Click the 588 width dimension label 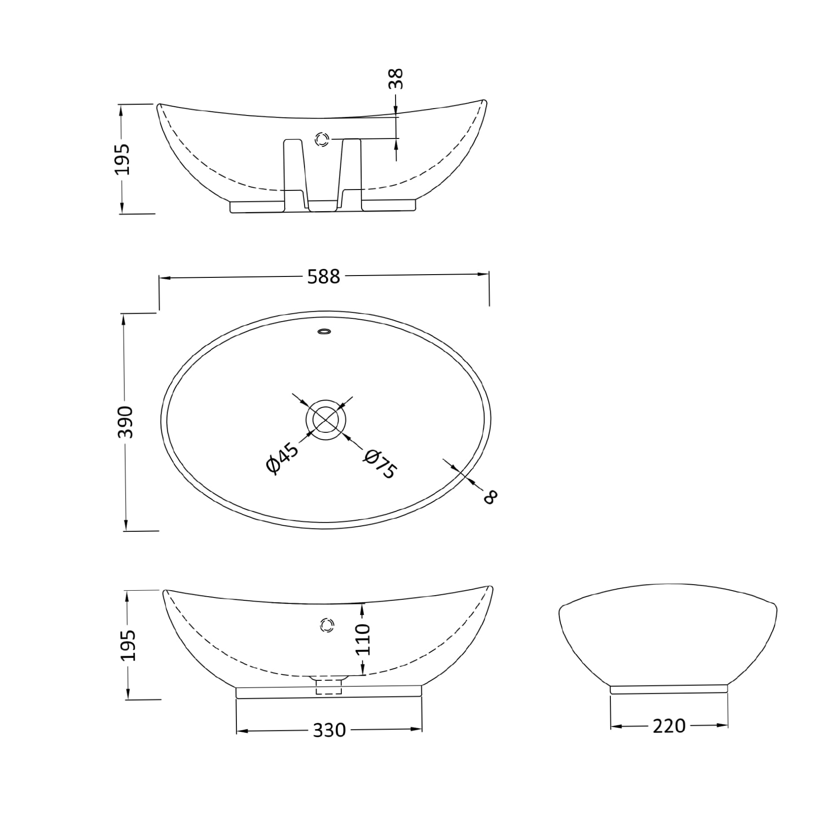click(323, 276)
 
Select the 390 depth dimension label click(125, 421)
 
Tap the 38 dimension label click(396, 79)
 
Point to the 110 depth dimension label click(362, 639)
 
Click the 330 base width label click(329, 730)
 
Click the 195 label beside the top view click(122, 160)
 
